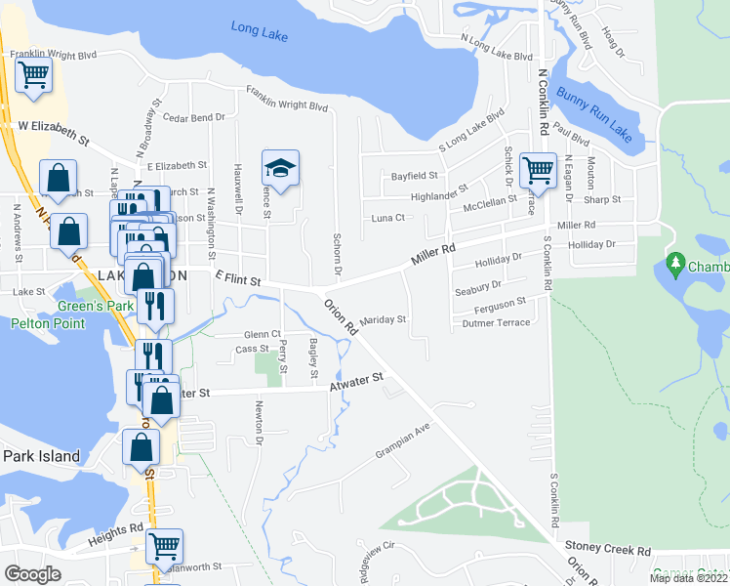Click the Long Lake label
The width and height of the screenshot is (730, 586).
pyautogui.click(x=260, y=31)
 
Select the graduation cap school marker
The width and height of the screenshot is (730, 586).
pyautogui.click(x=280, y=169)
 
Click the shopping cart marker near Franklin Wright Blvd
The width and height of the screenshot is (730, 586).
pyautogui.click(x=34, y=73)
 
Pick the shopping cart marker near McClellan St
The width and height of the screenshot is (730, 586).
pyautogui.click(x=538, y=170)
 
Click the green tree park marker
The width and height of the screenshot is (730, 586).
pyautogui.click(x=674, y=264)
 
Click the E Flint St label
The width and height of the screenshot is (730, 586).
pyautogui.click(x=236, y=280)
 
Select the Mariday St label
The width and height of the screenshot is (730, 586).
pyautogui.click(x=383, y=319)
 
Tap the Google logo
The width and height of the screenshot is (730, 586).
pyautogui.click(x=32, y=573)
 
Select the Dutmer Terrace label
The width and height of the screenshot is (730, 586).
pyautogui.click(x=496, y=322)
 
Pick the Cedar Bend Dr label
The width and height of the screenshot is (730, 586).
pyautogui.click(x=194, y=117)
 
